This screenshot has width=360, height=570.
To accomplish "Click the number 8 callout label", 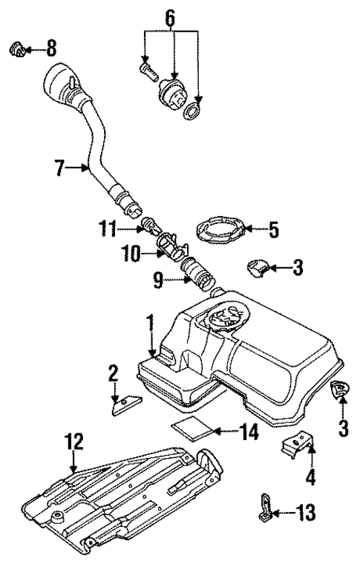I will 50,50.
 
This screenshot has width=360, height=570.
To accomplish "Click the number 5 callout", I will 274,230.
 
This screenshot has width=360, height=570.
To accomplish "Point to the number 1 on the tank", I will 150,324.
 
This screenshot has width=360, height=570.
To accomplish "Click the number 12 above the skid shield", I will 74,443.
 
